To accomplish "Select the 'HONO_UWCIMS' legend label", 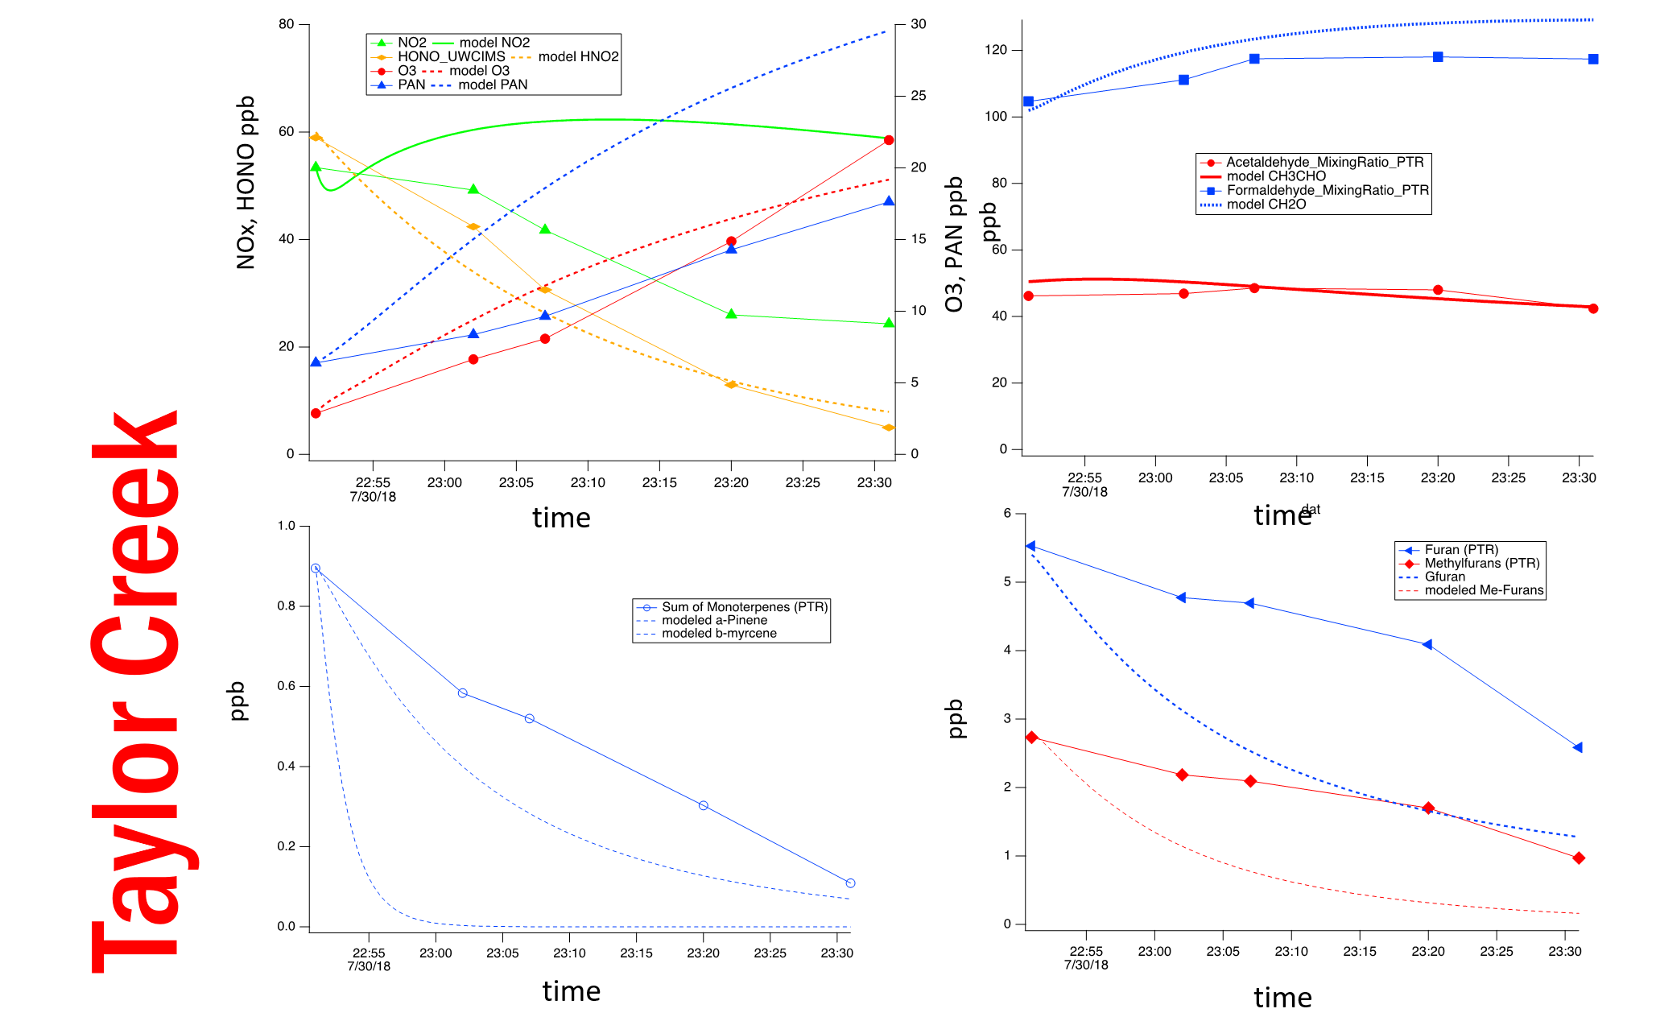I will (451, 56).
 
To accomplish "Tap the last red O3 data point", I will (889, 140).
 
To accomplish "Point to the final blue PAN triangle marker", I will (889, 201).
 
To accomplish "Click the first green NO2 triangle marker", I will (316, 167).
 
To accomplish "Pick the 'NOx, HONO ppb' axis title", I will (246, 183).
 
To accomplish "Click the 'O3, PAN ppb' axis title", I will (954, 244).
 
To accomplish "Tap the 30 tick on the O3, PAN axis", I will (918, 24).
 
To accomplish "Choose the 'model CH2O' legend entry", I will (1266, 205).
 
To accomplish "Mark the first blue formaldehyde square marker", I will (1028, 101).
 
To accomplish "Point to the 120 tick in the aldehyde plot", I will (996, 50).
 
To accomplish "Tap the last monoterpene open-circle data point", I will (850, 883).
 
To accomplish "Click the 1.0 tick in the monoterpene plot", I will (287, 526).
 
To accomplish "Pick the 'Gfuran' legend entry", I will (1444, 577).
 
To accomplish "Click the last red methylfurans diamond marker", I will (1579, 858).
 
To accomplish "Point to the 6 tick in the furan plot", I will (1007, 513).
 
